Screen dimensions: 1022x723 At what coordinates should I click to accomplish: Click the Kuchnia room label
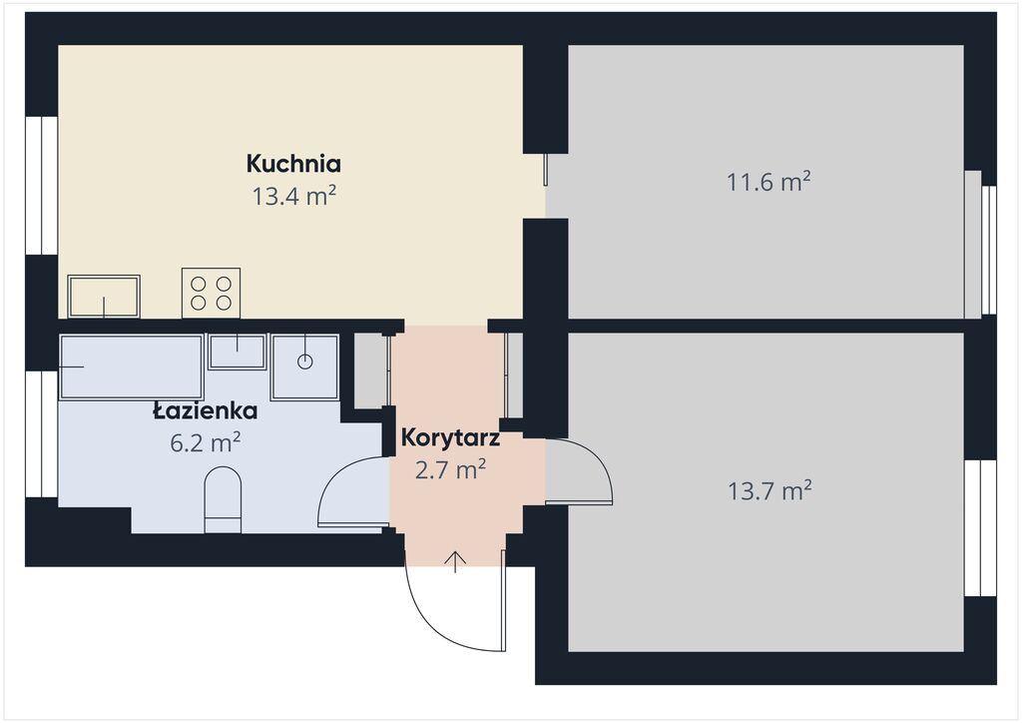(x=293, y=164)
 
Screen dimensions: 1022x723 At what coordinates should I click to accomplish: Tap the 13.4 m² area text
(x=294, y=195)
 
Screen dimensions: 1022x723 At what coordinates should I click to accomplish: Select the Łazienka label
(x=205, y=410)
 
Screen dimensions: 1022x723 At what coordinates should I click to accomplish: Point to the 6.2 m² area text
(x=206, y=442)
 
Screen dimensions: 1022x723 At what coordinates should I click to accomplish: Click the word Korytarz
(x=450, y=437)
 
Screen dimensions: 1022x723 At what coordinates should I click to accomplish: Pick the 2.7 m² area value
(x=450, y=468)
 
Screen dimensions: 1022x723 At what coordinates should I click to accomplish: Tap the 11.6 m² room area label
(x=768, y=181)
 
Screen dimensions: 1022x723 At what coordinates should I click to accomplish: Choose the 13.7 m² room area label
(x=769, y=490)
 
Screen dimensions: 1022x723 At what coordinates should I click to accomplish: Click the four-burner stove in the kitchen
(x=212, y=293)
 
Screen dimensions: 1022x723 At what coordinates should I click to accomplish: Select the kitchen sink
(x=104, y=296)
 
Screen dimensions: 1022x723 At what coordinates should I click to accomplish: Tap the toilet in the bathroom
(x=223, y=499)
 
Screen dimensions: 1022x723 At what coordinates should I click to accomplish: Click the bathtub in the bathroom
(x=131, y=367)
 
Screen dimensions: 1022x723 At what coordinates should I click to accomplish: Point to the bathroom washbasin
(x=237, y=352)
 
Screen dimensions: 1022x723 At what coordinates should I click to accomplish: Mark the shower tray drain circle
(x=305, y=361)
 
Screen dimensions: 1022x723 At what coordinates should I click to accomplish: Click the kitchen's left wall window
(x=42, y=185)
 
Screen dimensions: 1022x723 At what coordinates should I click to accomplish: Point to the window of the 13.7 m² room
(x=980, y=528)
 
